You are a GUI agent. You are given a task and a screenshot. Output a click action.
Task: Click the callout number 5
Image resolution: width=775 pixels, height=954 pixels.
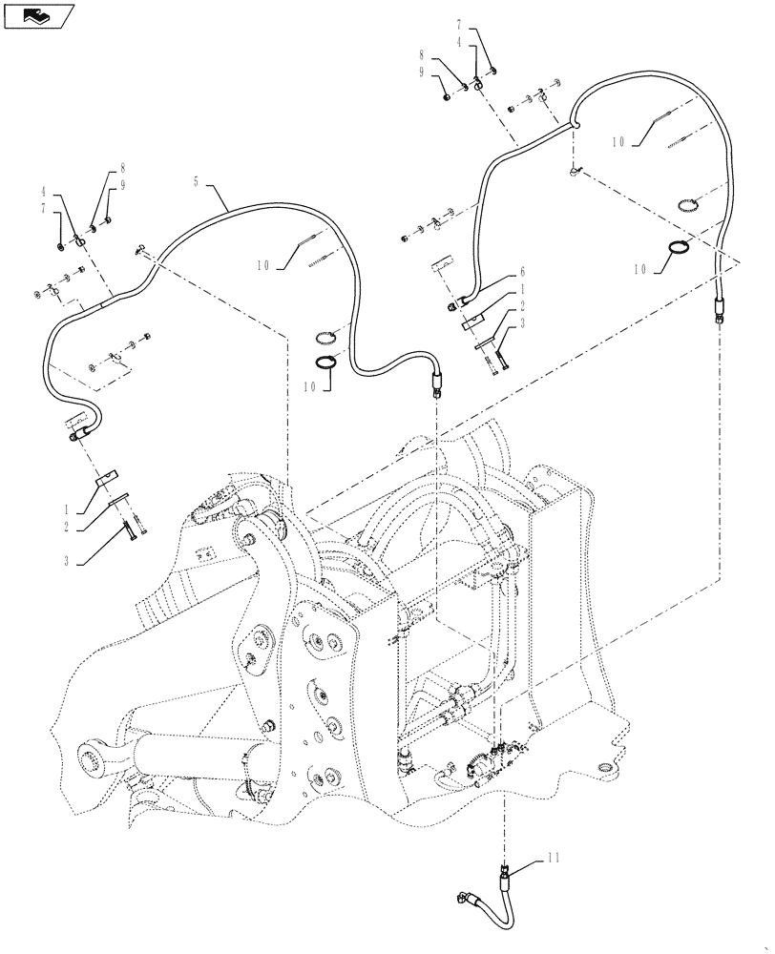[x=197, y=180]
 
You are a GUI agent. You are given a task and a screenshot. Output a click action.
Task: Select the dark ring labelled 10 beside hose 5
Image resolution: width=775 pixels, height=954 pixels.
[x=326, y=362]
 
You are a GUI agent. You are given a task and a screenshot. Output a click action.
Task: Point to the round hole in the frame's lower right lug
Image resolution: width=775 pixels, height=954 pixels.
[x=605, y=766]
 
